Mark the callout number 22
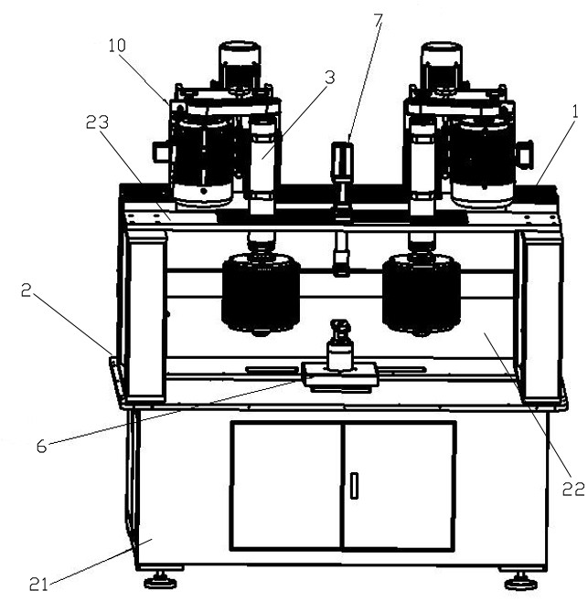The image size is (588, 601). pos(572,489)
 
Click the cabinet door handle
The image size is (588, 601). pos(354,485)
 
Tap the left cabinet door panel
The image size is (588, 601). pos(287,485)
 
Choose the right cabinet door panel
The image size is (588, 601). pos(401,485)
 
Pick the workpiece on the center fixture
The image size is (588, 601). pos(340,347)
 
